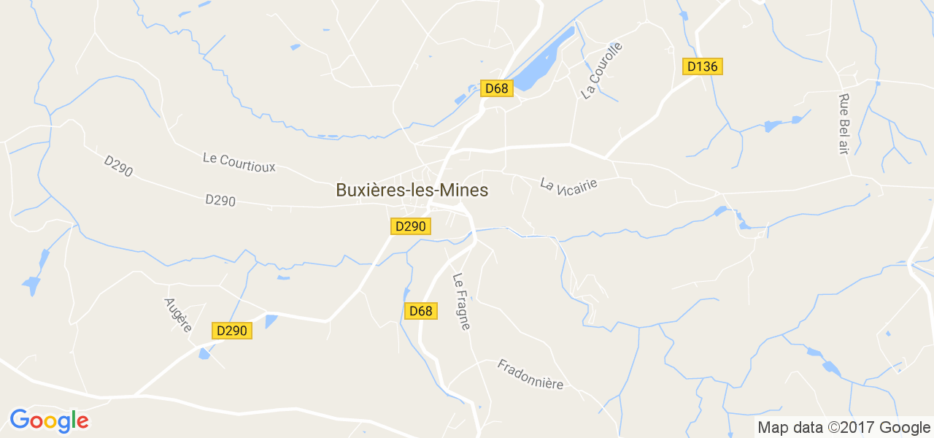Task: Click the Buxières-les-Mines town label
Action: (x=412, y=190)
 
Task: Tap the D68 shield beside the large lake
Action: (x=497, y=88)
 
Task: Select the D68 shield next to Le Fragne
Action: (x=421, y=311)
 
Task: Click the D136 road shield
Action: (x=703, y=66)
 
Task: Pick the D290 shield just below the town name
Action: (x=410, y=226)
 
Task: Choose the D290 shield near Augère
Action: (x=232, y=331)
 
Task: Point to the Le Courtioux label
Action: (x=239, y=162)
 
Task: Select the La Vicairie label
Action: (x=569, y=182)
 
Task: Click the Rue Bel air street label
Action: (x=844, y=123)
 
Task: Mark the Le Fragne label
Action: (x=461, y=301)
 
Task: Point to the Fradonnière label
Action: (x=530, y=374)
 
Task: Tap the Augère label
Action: (x=177, y=315)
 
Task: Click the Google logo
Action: (x=49, y=420)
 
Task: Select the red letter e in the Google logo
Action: (x=82, y=421)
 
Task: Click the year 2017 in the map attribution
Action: (x=853, y=428)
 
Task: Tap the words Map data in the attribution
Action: (x=790, y=428)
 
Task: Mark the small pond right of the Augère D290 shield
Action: (x=271, y=320)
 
